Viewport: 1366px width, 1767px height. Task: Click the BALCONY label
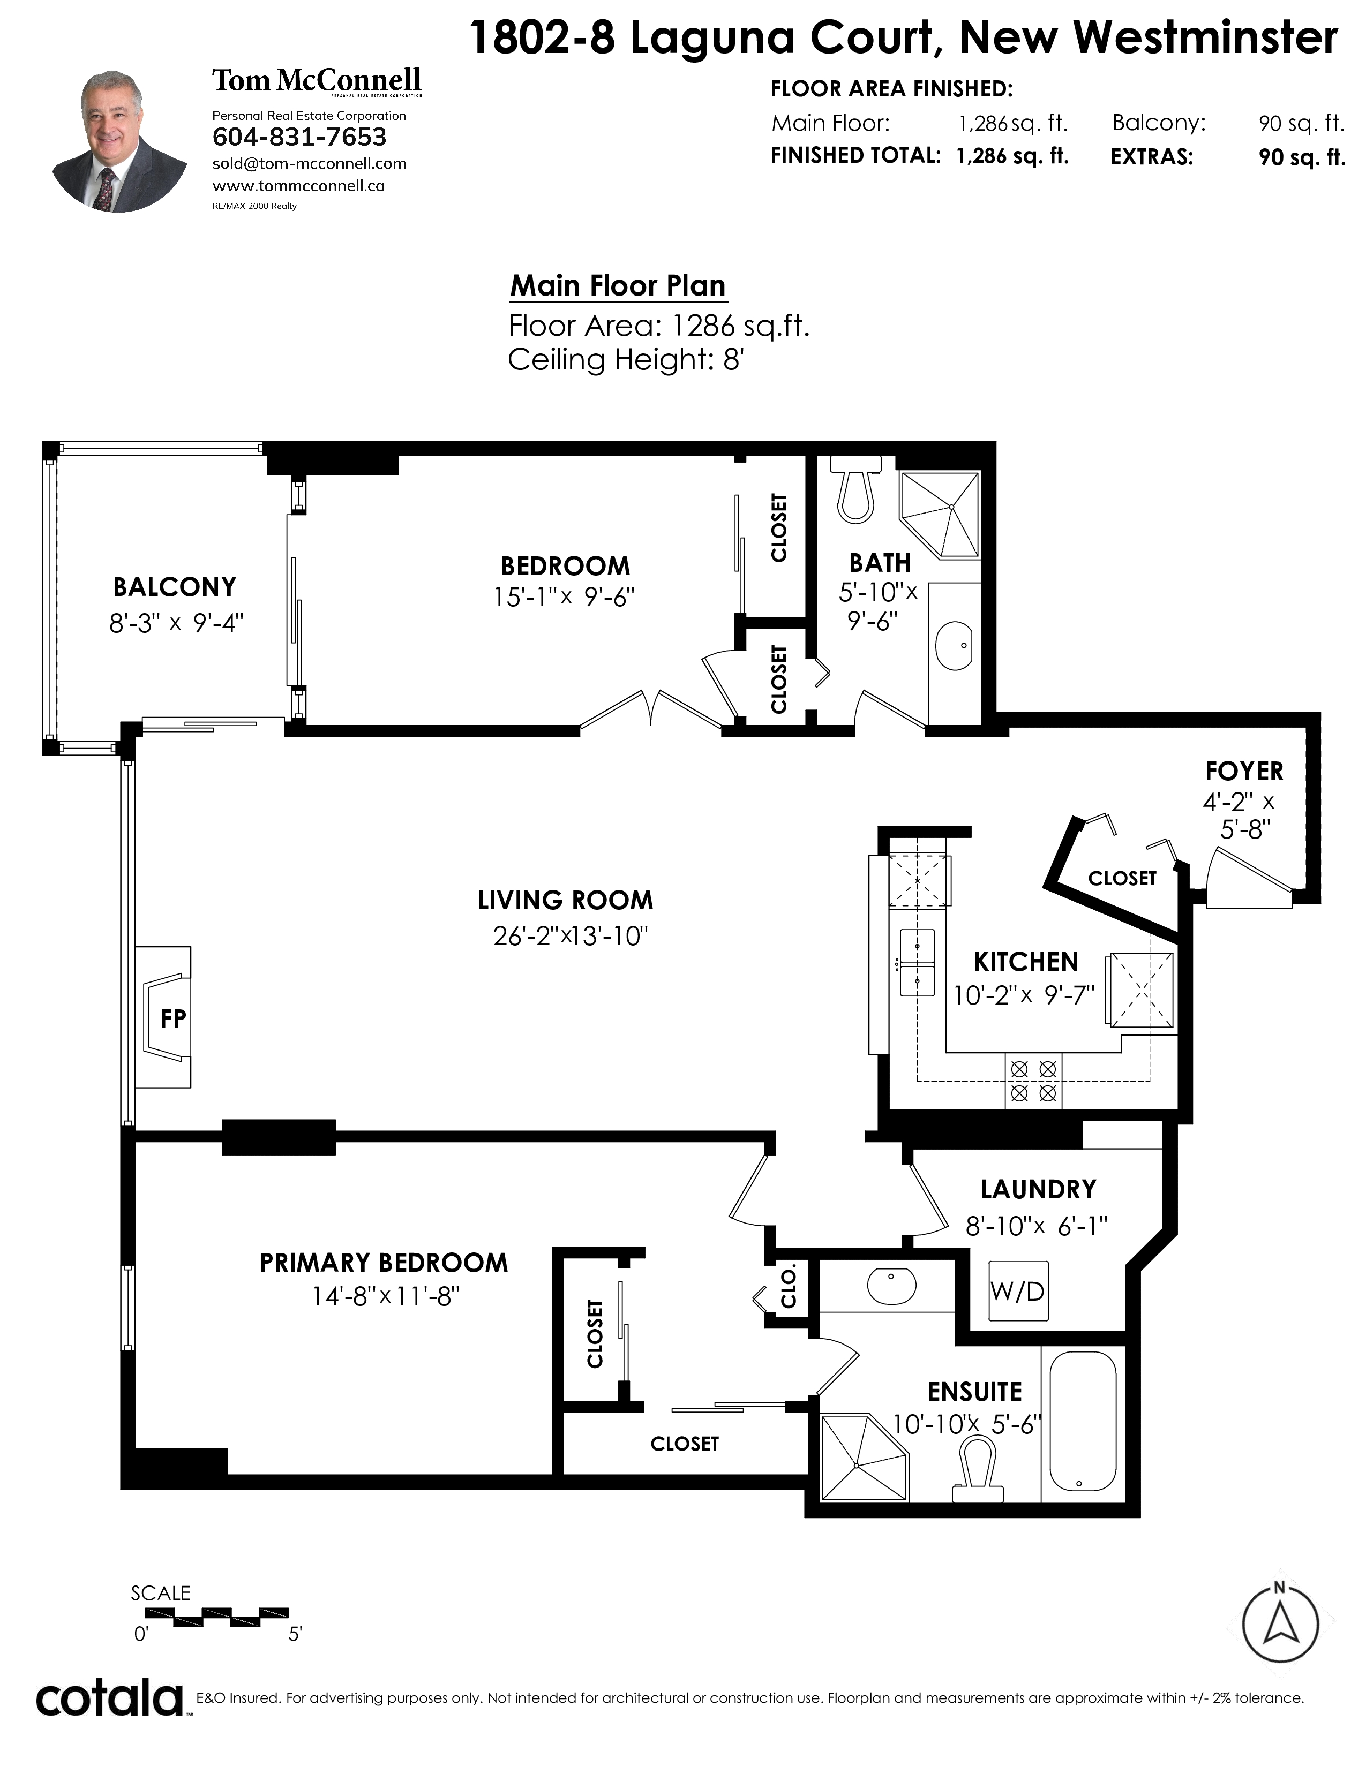[175, 586]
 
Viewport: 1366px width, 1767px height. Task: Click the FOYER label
[1244, 771]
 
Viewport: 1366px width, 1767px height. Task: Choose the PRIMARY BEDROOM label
[384, 1263]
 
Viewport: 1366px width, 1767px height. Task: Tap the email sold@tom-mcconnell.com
[309, 163]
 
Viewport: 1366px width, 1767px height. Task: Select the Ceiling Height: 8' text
[626, 359]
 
